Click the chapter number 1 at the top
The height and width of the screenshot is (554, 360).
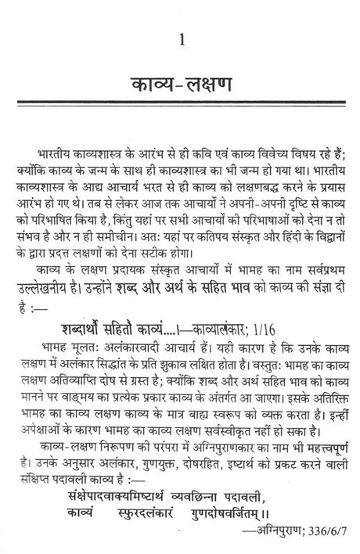coord(182,38)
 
